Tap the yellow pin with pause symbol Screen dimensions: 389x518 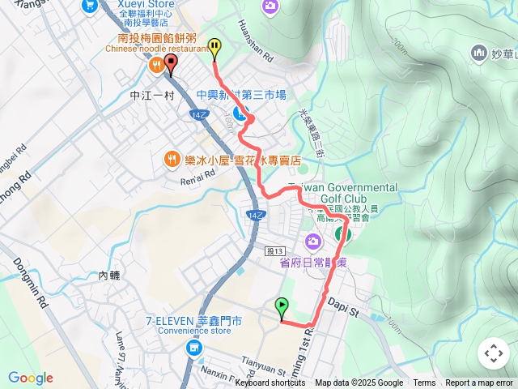click(x=214, y=48)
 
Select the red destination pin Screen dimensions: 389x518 click(x=171, y=64)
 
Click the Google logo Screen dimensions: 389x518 click(x=31, y=378)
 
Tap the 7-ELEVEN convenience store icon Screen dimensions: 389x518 click(x=193, y=348)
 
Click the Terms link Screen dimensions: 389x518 click(x=424, y=383)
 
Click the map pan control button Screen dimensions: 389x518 click(x=493, y=353)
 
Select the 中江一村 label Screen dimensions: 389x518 click(x=152, y=95)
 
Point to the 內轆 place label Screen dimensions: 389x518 click(x=109, y=276)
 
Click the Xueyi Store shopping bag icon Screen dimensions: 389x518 click(x=88, y=6)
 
